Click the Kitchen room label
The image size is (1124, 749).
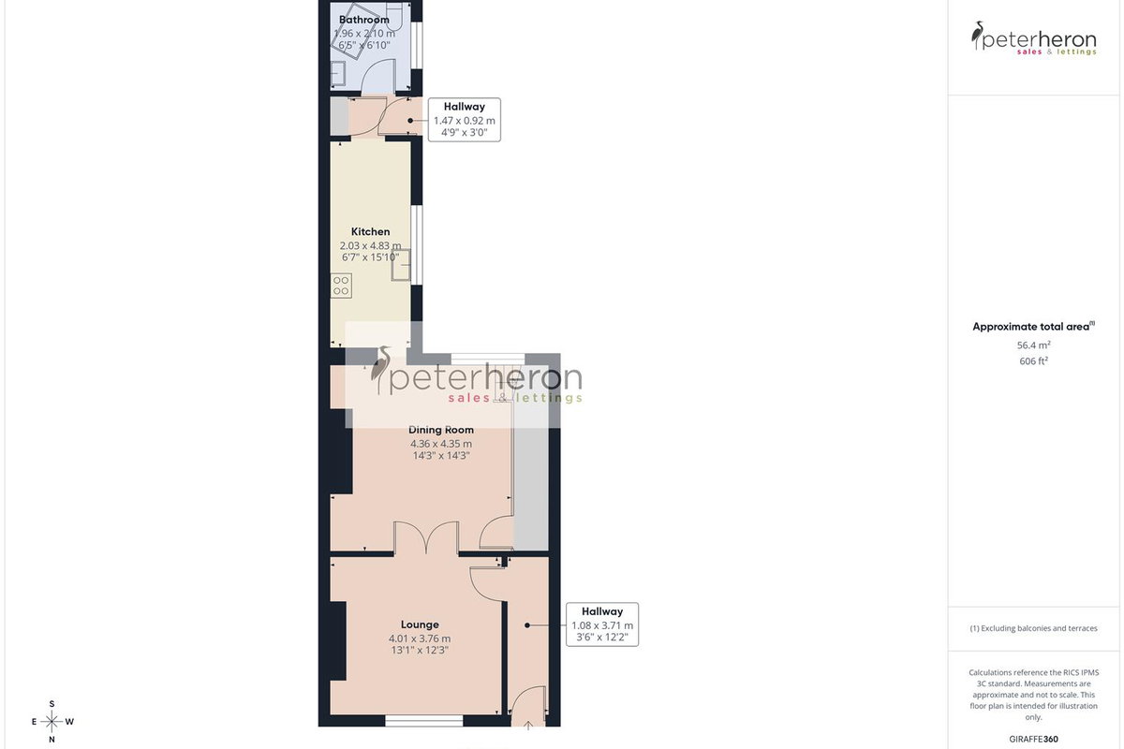coord(370,232)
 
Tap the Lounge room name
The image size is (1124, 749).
coord(420,624)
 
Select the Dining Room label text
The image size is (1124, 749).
coord(441,430)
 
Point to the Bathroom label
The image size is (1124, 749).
coord(363,20)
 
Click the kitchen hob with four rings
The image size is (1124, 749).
coord(341,286)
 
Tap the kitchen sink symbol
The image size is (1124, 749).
coord(401,264)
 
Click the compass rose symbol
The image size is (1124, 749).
coord(52,722)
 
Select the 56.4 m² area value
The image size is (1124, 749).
coord(1033,345)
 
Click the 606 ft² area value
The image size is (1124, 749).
coord(1033,361)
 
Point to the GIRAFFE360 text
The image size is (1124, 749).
coord(1033,739)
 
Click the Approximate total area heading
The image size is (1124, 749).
coord(1033,327)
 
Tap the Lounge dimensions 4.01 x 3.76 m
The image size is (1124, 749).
coord(420,639)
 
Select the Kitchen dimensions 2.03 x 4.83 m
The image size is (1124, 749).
coord(370,246)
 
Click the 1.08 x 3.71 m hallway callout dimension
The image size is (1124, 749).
coord(602,625)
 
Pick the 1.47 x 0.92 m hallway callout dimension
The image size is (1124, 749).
coord(465,121)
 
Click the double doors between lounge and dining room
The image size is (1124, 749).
coord(426,538)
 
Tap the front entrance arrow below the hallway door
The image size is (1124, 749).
coord(528,725)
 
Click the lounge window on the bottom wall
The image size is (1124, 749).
coord(424,721)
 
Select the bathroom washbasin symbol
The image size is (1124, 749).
coord(338,74)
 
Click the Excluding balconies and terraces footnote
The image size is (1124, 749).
coord(1033,628)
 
